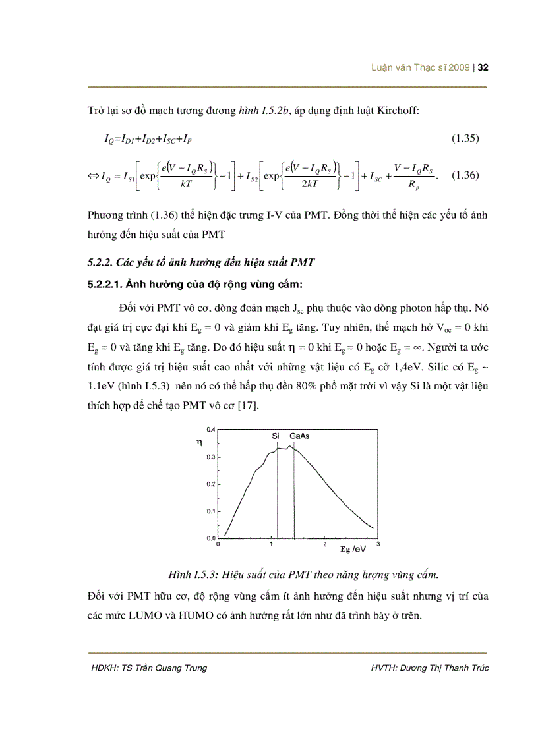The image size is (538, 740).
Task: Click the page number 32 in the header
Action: [x=482, y=68]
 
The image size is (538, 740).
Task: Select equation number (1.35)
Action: [x=465, y=138]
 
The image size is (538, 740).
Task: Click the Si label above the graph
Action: [x=276, y=436]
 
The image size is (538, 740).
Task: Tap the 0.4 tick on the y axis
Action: [x=211, y=429]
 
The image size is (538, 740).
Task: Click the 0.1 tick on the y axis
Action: [x=211, y=511]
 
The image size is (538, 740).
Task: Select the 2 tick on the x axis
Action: [x=324, y=545]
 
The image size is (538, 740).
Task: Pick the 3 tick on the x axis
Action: [x=378, y=545]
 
